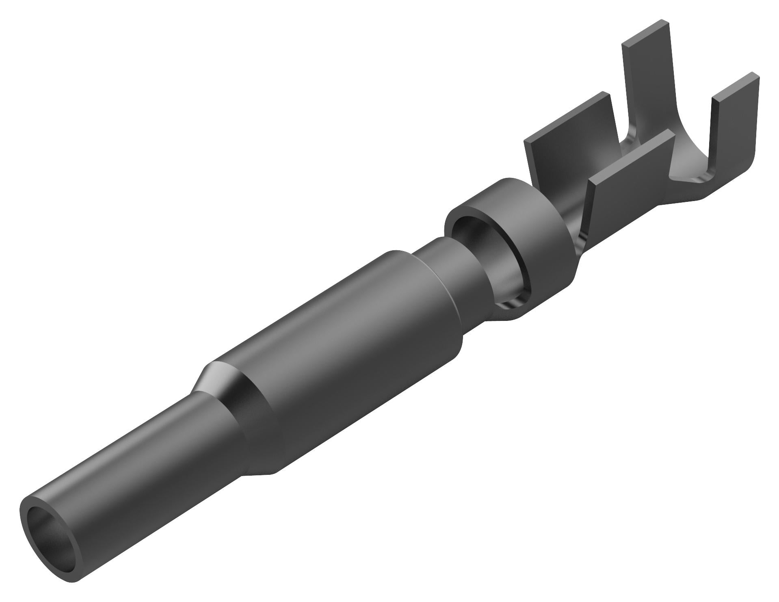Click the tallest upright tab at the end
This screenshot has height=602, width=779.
point(646,81)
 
